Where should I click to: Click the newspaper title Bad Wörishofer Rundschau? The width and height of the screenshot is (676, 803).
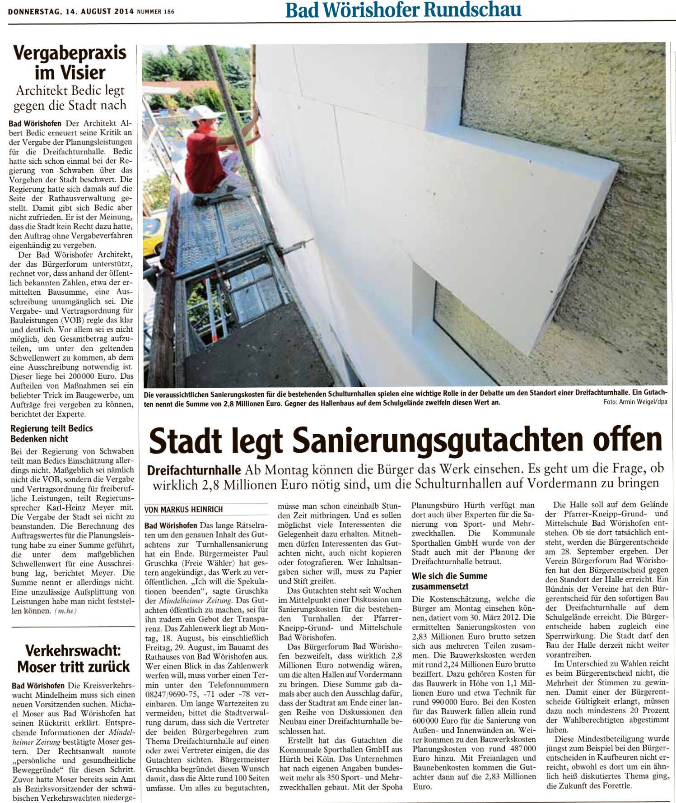(403, 10)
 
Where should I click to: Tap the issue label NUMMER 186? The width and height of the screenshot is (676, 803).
(156, 11)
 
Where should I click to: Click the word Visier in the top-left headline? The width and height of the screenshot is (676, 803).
(83, 72)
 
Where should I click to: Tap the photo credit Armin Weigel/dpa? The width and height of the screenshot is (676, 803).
(635, 402)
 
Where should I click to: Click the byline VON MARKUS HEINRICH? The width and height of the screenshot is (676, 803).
(183, 509)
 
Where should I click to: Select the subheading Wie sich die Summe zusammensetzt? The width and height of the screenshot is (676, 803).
(449, 581)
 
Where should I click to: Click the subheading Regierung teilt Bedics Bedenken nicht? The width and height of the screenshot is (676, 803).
(51, 433)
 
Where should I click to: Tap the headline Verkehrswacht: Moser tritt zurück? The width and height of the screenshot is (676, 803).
(73, 659)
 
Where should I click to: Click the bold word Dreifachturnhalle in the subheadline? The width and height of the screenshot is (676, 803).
(194, 470)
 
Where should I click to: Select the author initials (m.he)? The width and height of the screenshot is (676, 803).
(65, 611)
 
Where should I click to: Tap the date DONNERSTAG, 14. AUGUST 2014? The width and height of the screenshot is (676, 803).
(71, 11)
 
